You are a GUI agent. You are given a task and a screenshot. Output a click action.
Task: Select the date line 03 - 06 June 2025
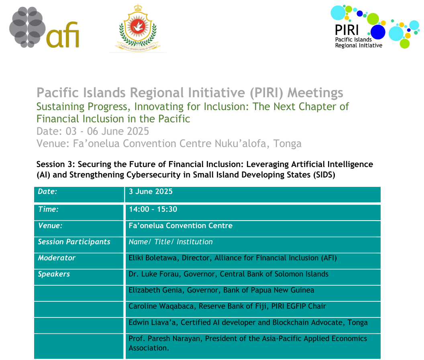tap(93, 131)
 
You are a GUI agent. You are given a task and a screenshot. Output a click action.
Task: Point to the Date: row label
tap(48, 192)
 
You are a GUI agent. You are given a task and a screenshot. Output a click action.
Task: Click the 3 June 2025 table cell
tap(151, 192)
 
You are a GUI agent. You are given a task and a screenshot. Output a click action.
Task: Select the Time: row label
tap(49, 209)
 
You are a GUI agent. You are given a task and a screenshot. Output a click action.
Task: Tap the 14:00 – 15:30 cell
tap(153, 209)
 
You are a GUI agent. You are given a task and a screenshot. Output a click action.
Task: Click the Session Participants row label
tap(74, 242)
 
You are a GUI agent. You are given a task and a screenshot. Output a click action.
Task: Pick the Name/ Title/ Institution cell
tap(171, 242)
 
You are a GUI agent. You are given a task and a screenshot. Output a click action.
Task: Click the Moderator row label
tap(57, 258)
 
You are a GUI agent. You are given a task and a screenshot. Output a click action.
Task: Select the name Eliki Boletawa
tap(153, 258)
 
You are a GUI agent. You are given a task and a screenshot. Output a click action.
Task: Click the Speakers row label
tap(54, 274)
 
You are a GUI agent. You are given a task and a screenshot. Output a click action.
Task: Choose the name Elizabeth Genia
tap(152, 290)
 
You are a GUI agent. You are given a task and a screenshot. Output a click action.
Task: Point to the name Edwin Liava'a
tap(149, 323)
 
